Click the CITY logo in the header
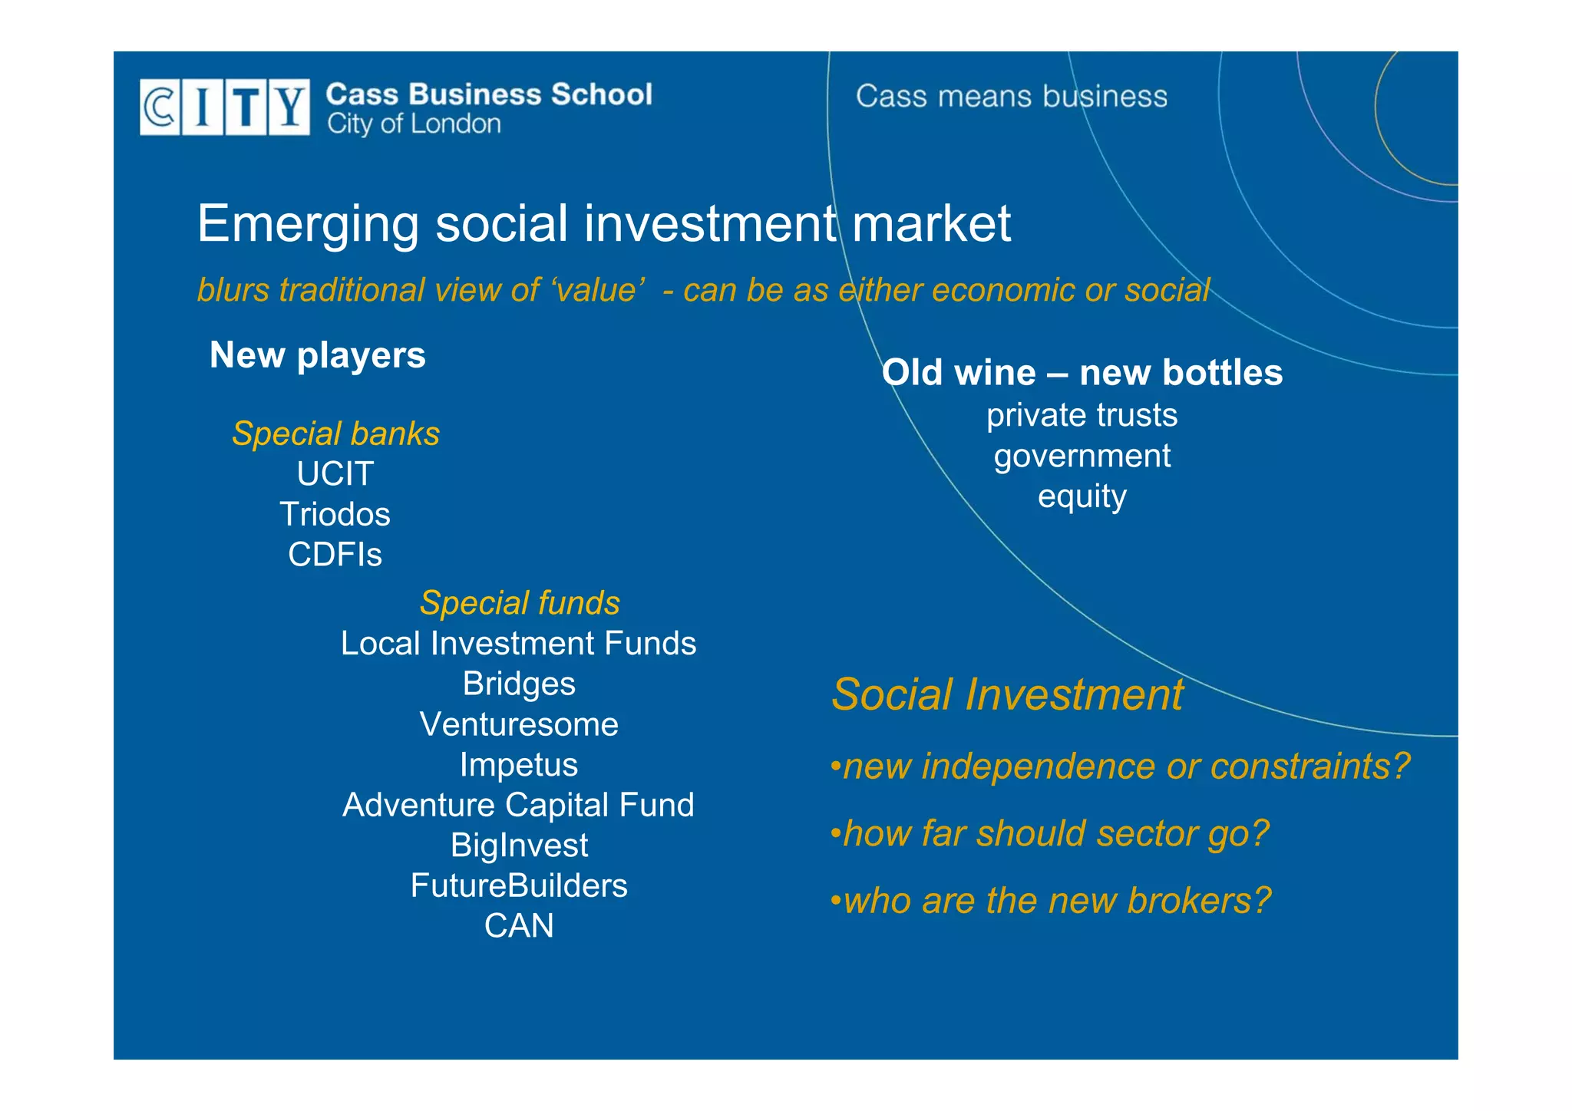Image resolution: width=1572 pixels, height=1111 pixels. click(x=224, y=107)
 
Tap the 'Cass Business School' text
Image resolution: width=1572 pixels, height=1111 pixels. click(x=489, y=94)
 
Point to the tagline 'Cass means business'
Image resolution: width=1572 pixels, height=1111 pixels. click(x=1011, y=97)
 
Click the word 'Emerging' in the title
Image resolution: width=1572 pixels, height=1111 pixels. click(x=308, y=223)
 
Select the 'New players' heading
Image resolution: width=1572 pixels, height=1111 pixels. click(x=317, y=355)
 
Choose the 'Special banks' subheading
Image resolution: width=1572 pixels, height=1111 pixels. click(x=335, y=434)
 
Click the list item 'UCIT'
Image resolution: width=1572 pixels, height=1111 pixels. click(x=335, y=474)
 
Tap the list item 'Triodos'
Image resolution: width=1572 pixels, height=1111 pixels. click(x=335, y=514)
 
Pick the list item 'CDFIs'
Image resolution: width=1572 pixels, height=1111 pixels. click(x=335, y=555)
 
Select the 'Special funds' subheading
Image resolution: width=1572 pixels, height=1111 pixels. click(x=520, y=603)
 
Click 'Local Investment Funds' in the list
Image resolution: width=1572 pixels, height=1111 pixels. click(x=518, y=644)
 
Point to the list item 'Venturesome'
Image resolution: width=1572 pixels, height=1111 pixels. click(x=519, y=724)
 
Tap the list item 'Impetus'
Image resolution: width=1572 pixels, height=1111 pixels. click(x=519, y=765)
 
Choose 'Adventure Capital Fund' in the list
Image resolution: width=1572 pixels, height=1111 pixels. click(x=518, y=805)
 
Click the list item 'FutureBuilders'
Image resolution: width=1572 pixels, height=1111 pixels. click(x=519, y=885)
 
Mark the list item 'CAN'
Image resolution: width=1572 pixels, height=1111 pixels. click(x=519, y=926)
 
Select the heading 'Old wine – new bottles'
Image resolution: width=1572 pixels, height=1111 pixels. click(x=1082, y=373)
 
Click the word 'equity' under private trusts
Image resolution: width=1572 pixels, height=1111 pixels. click(x=1082, y=496)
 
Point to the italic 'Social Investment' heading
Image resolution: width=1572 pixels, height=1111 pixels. click(x=1007, y=694)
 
